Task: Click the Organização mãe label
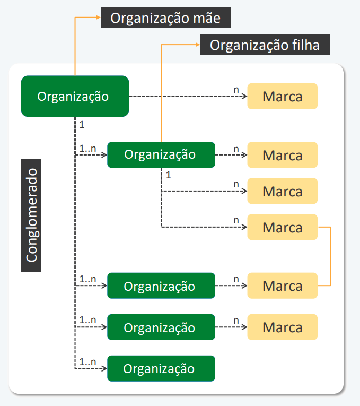point(165,18)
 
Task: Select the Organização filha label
point(265,45)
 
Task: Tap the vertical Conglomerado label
point(31,215)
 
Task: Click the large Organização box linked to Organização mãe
point(75,96)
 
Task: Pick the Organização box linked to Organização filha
point(161,155)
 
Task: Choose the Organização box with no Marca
point(161,368)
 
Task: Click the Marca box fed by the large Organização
point(283,96)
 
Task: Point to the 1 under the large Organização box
point(82,125)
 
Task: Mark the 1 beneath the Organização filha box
point(169,175)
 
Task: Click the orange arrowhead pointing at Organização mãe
point(98,18)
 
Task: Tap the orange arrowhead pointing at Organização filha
point(198,45)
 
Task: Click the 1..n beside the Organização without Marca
point(87,362)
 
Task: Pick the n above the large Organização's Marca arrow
point(236,90)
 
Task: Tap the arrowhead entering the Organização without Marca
point(104,368)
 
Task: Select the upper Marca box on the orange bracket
point(283,227)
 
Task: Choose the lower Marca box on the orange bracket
point(283,286)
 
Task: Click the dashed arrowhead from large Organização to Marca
point(244,96)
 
